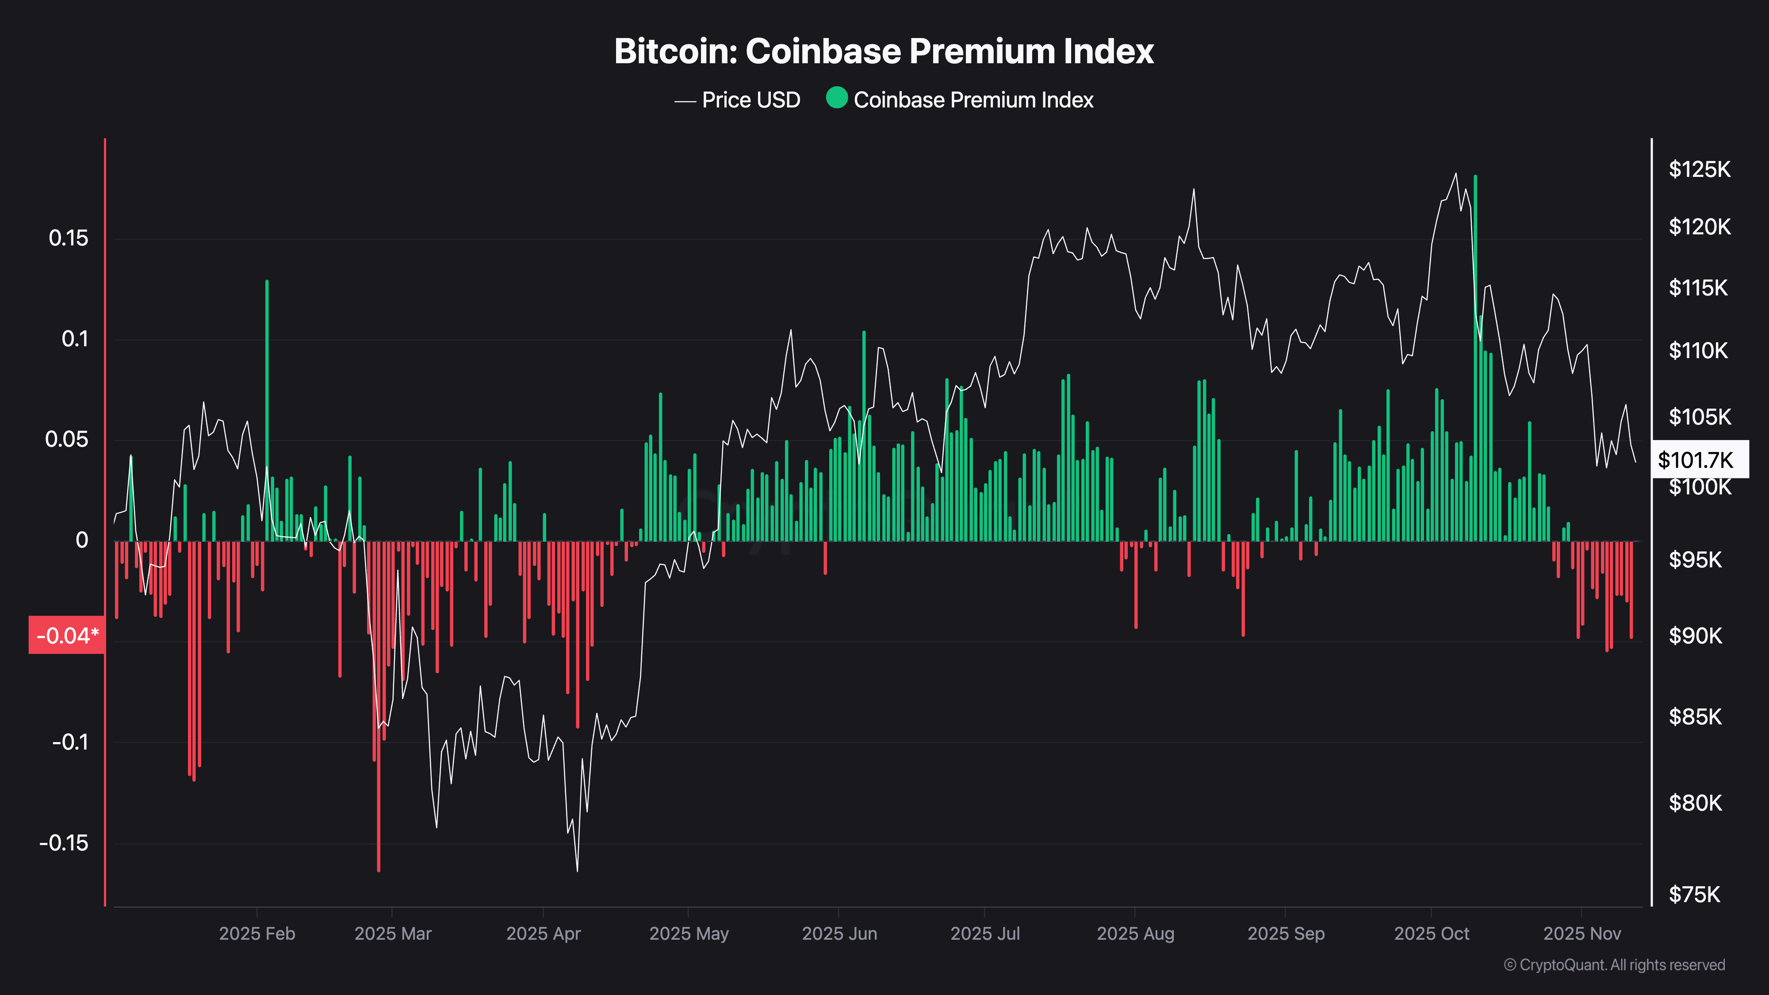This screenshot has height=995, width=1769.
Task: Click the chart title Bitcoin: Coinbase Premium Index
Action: (x=884, y=51)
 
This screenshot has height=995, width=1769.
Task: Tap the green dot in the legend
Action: (x=836, y=98)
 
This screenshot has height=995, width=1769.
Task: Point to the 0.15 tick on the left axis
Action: (x=69, y=238)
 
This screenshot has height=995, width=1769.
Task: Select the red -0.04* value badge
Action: (x=67, y=635)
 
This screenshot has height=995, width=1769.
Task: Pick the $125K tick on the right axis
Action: (x=1700, y=169)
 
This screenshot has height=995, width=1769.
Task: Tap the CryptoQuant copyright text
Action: (x=1614, y=965)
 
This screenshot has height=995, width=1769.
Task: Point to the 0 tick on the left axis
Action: (x=82, y=540)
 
